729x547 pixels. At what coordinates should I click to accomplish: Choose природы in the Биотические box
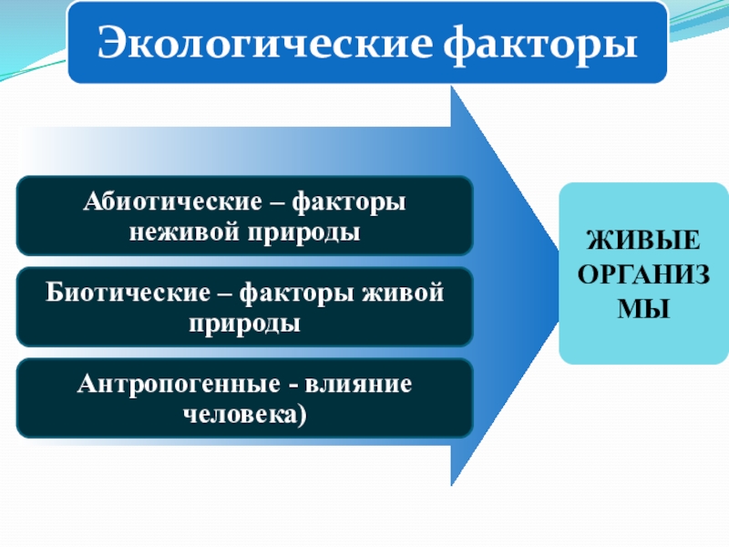244,323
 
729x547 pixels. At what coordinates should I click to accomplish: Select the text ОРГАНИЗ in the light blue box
644,274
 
